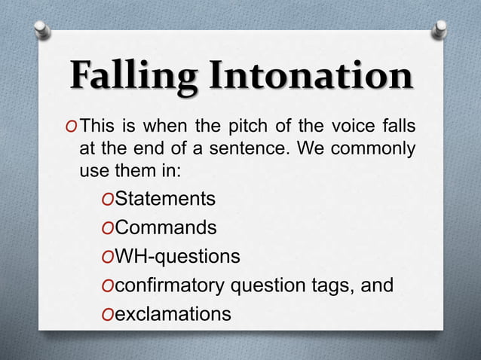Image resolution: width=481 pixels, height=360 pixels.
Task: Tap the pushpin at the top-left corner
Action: pyautogui.click(x=43, y=29)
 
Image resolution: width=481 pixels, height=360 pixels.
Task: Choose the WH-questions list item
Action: pyautogui.click(x=177, y=257)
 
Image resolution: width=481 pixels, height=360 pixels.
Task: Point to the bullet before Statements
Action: pyautogui.click(x=106, y=200)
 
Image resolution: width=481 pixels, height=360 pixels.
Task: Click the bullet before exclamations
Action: pyautogui.click(x=106, y=314)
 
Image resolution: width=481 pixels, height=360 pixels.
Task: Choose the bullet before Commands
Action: pyautogui.click(x=106, y=228)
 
